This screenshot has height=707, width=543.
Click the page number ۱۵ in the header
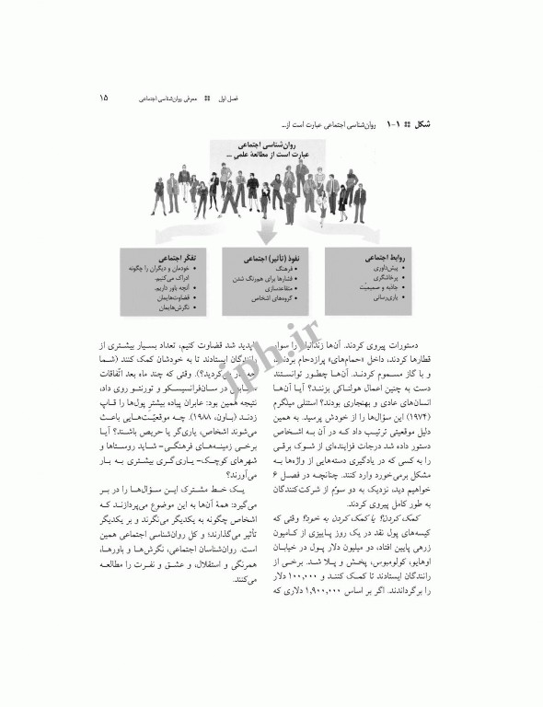tap(102, 96)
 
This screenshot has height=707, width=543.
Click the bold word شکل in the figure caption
tap(430, 122)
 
